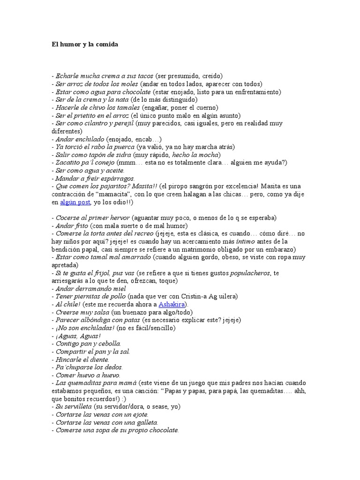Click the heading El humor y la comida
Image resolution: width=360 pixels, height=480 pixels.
point(85,45)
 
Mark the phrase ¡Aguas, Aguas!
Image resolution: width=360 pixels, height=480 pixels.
point(78,336)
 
